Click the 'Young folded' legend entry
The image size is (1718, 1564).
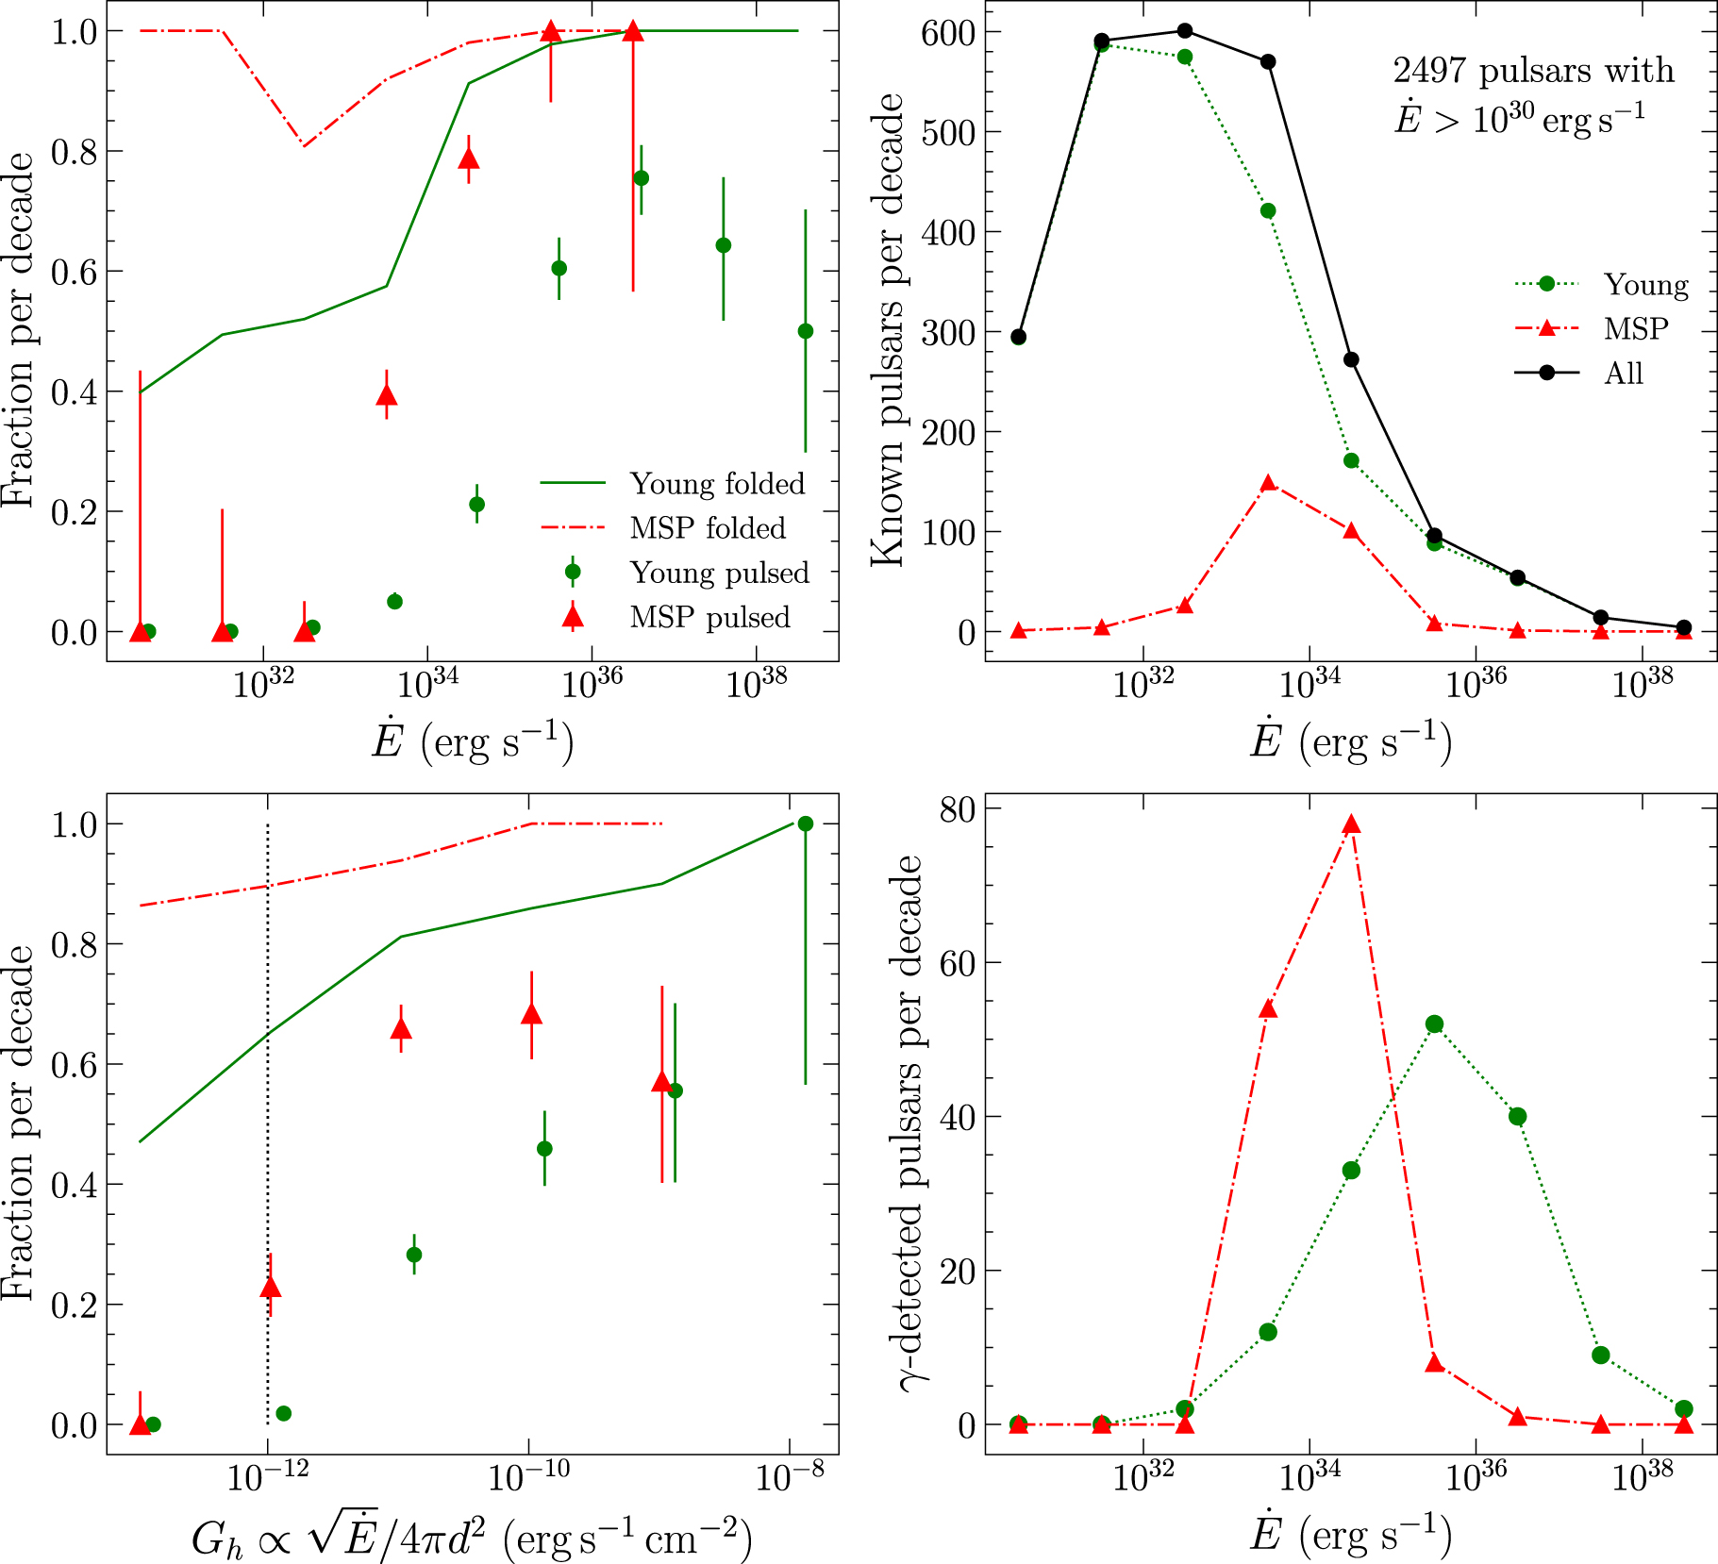[x=717, y=483]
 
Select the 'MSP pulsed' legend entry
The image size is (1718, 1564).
[x=709, y=617]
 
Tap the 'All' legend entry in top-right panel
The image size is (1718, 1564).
[x=1623, y=373]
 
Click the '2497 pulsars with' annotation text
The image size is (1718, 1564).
[x=1533, y=71]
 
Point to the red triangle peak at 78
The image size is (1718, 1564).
[x=1351, y=824]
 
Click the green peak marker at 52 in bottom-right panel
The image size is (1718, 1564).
[x=1434, y=1024]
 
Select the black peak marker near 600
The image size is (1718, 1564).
[x=1185, y=31]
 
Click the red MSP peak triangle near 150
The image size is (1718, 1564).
[x=1268, y=484]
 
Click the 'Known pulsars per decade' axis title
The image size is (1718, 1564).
[x=888, y=330]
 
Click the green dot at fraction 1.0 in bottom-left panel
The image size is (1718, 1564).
[x=805, y=824]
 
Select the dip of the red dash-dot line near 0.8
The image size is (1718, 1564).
[x=304, y=145]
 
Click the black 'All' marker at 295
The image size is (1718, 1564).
[x=1018, y=337]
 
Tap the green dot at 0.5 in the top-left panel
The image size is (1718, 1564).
[x=805, y=331]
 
